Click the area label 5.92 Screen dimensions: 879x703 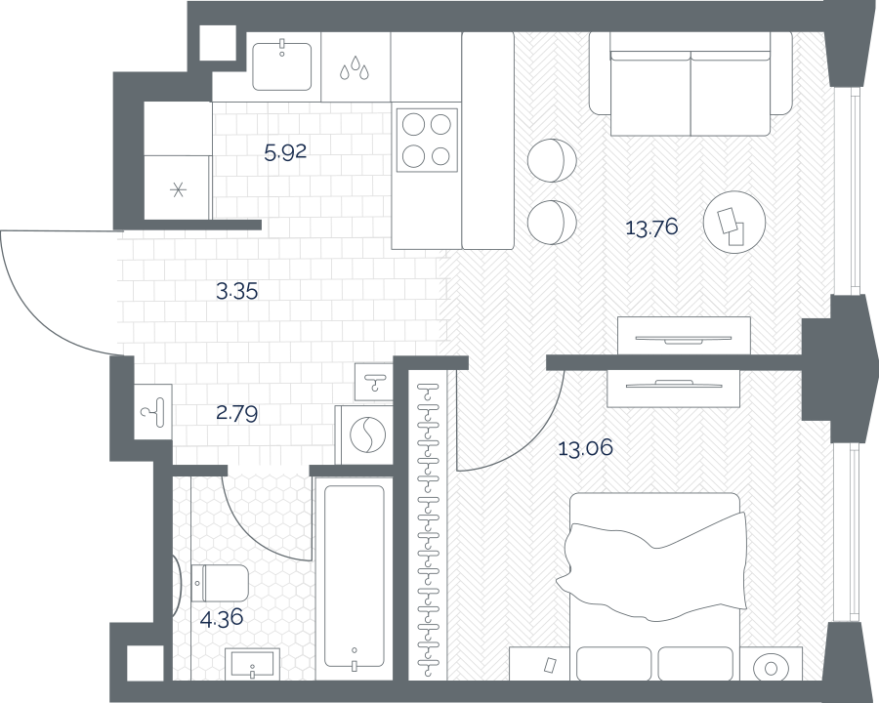[x=285, y=152]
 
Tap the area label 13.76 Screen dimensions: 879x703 [x=652, y=227]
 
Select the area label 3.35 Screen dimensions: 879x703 [x=237, y=291]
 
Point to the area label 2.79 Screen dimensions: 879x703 [x=237, y=414]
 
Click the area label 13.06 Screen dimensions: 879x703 [x=586, y=448]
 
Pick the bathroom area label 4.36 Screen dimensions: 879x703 [x=222, y=618]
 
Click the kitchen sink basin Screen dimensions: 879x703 [x=281, y=66]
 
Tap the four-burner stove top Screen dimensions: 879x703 [x=427, y=141]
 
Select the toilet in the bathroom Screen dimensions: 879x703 [x=220, y=583]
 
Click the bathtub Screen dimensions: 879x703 [x=355, y=577]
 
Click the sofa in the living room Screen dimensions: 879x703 [x=691, y=84]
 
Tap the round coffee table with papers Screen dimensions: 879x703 [x=734, y=222]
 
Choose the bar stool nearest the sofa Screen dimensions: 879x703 [x=552, y=160]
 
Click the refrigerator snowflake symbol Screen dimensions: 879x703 [x=179, y=190]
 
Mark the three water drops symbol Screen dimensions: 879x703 [x=355, y=67]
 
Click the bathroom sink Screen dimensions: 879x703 [x=253, y=664]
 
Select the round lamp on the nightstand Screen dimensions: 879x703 [x=770, y=668]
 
